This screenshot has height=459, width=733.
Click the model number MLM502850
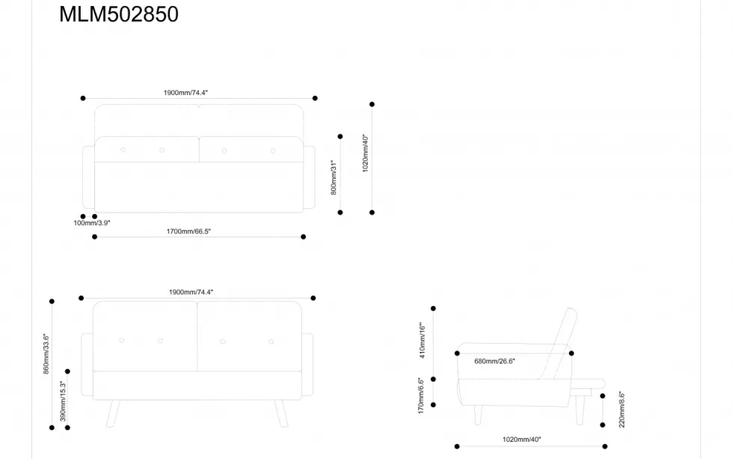coord(119,14)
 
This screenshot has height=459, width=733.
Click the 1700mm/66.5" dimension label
coord(188,231)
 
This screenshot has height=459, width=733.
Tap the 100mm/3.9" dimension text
coord(91,223)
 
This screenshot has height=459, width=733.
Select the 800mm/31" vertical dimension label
coord(334,177)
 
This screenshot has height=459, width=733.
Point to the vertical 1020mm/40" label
coord(366,153)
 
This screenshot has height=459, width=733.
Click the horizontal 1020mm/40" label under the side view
coord(522,440)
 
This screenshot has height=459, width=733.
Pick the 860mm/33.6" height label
coord(46,353)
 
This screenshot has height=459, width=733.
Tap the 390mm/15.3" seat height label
coord(63,401)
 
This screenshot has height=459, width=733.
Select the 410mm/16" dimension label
coord(422,340)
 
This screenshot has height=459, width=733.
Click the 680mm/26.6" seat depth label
coord(494,361)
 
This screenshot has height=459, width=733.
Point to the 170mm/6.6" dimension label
coord(420,396)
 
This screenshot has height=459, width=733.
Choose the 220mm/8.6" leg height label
coord(622,410)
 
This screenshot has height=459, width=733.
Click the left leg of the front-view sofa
coord(113,413)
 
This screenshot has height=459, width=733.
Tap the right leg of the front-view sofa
coord(281,413)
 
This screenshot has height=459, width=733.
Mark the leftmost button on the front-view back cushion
coord(121,341)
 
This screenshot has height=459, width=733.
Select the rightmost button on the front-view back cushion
coord(271,341)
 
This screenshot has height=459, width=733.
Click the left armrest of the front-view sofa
coord(87,365)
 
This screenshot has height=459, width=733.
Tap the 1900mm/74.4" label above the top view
coord(185,93)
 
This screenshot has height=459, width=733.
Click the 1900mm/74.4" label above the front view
coord(191,292)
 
